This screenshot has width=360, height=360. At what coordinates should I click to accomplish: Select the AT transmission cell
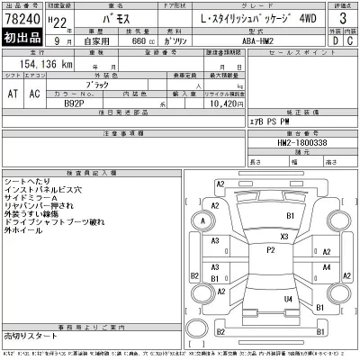(13, 94)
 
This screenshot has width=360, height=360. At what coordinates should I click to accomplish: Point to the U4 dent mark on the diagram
(288, 299)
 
